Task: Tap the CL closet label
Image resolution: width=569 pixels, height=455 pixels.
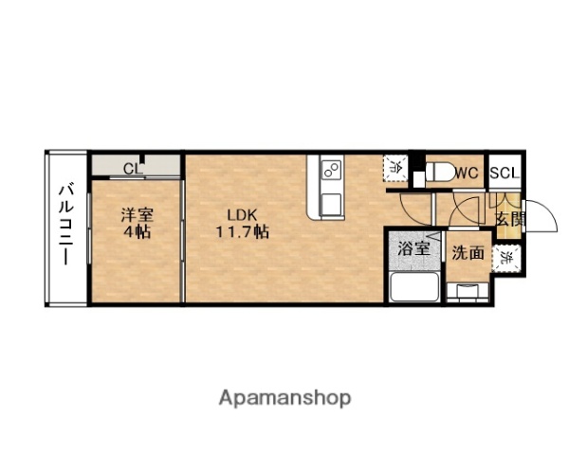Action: tap(133, 169)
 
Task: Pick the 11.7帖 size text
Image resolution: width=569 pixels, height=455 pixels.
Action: tap(241, 231)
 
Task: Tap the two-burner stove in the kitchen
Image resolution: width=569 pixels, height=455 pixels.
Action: tap(332, 171)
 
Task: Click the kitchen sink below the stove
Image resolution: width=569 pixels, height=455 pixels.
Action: tap(332, 201)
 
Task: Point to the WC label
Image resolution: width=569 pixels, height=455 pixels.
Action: tap(466, 173)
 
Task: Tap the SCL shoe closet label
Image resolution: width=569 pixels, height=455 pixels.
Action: tap(504, 173)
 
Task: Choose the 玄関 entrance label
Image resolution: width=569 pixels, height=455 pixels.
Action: tap(509, 220)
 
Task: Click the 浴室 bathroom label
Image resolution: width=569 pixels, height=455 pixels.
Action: tap(413, 250)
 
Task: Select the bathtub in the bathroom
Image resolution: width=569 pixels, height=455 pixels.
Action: tap(413, 285)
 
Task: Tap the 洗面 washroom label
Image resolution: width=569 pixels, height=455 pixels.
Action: tap(468, 253)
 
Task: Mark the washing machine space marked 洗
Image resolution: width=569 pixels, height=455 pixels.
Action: tap(509, 256)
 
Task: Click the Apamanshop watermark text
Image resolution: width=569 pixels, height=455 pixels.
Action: tap(286, 397)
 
